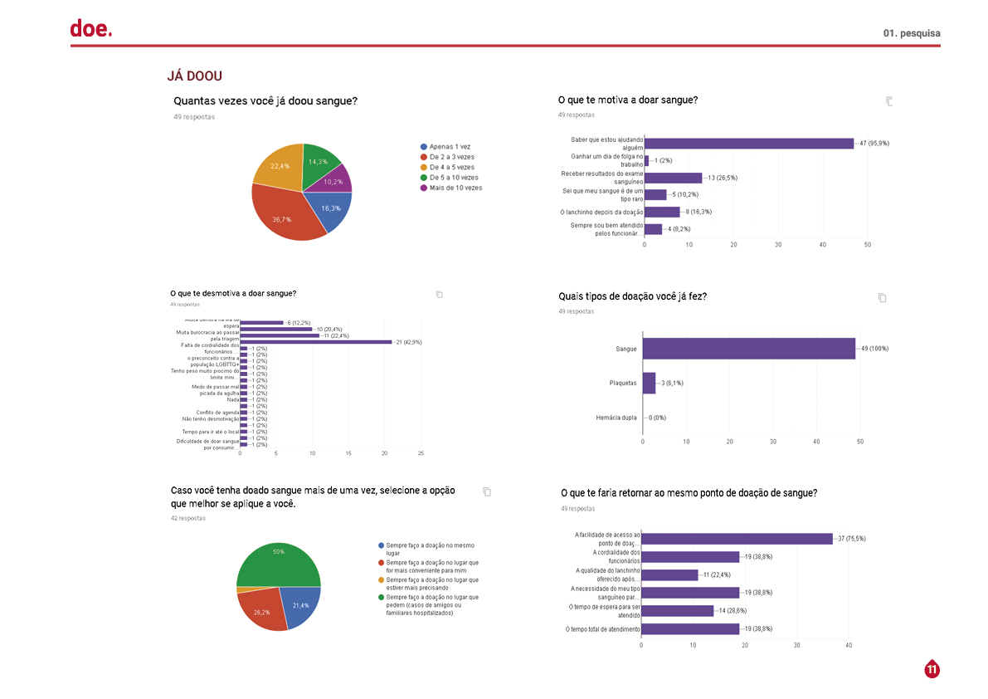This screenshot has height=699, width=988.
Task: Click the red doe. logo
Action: click(90, 29)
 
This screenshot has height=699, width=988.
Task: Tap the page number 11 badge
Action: click(932, 669)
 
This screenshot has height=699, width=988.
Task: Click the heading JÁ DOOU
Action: click(194, 76)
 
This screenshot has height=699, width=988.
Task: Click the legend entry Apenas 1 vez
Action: click(449, 146)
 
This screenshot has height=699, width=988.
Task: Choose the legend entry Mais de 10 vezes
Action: click(455, 188)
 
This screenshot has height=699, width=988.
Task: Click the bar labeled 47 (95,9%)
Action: click(749, 144)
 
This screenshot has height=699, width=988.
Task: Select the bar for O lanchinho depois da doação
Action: click(662, 212)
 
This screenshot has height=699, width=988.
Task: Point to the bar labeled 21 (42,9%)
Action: click(315, 342)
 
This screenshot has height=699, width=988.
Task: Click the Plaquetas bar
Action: click(649, 383)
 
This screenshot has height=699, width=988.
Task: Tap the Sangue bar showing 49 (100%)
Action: click(748, 349)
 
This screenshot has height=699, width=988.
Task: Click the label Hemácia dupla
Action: click(616, 418)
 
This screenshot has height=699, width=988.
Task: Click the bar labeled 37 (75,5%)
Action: click(737, 539)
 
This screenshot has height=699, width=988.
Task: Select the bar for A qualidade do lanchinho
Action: click(669, 574)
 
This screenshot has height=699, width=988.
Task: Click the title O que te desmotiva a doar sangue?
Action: click(233, 293)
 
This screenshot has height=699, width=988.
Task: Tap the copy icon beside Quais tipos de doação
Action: click(882, 297)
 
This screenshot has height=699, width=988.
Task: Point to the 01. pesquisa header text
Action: click(912, 33)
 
